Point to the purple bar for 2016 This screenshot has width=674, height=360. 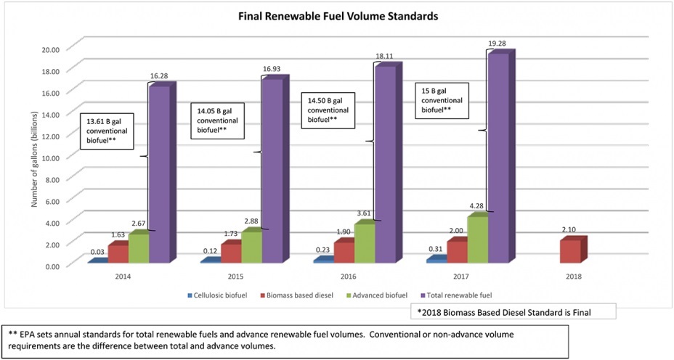384,163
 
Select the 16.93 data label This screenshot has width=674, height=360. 273,68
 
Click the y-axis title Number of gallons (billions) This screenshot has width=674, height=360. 34,156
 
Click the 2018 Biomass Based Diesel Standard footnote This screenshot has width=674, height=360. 513,312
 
